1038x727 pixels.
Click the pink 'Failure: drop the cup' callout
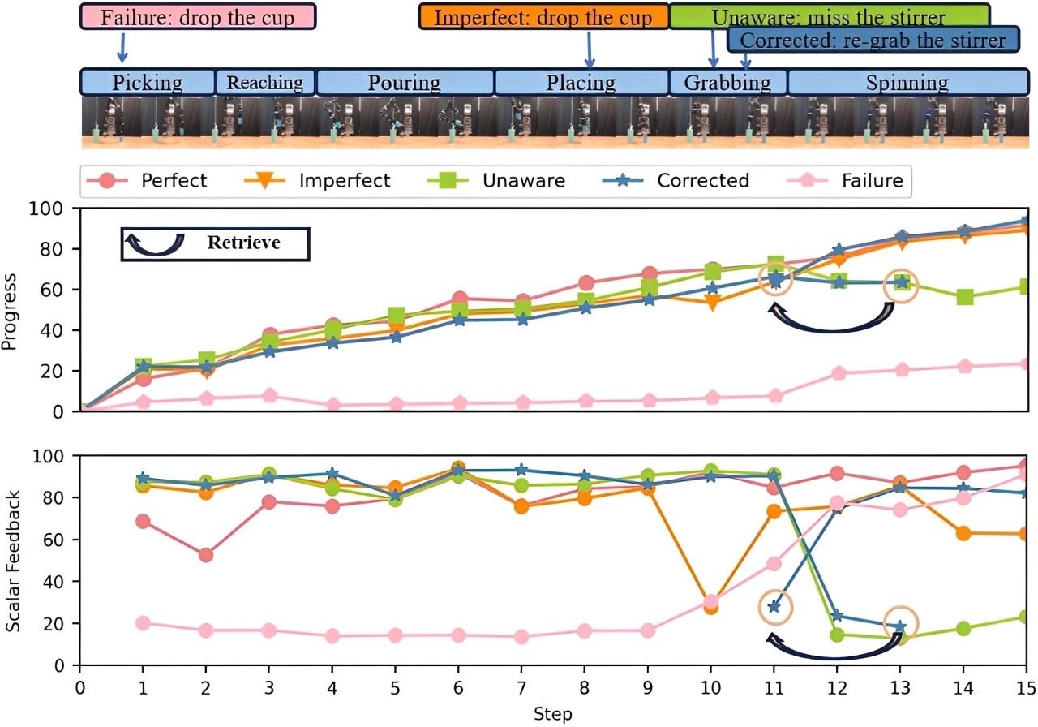(197, 17)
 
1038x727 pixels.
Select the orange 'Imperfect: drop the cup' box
(543, 17)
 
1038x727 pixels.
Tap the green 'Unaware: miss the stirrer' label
(828, 16)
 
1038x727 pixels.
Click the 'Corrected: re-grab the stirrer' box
(872, 39)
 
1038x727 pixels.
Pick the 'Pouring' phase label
(404, 82)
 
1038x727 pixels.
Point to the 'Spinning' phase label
(907, 82)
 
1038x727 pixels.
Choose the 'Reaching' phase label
(264, 82)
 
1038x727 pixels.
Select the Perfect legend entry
(154, 180)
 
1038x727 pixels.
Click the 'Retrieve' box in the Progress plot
(215, 243)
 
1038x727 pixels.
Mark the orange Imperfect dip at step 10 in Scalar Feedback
(711, 606)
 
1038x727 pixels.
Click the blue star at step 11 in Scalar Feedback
(774, 606)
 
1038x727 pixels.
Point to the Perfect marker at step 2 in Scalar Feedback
(206, 555)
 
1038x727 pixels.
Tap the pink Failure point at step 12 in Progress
(838, 373)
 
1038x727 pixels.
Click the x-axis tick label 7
(521, 688)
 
